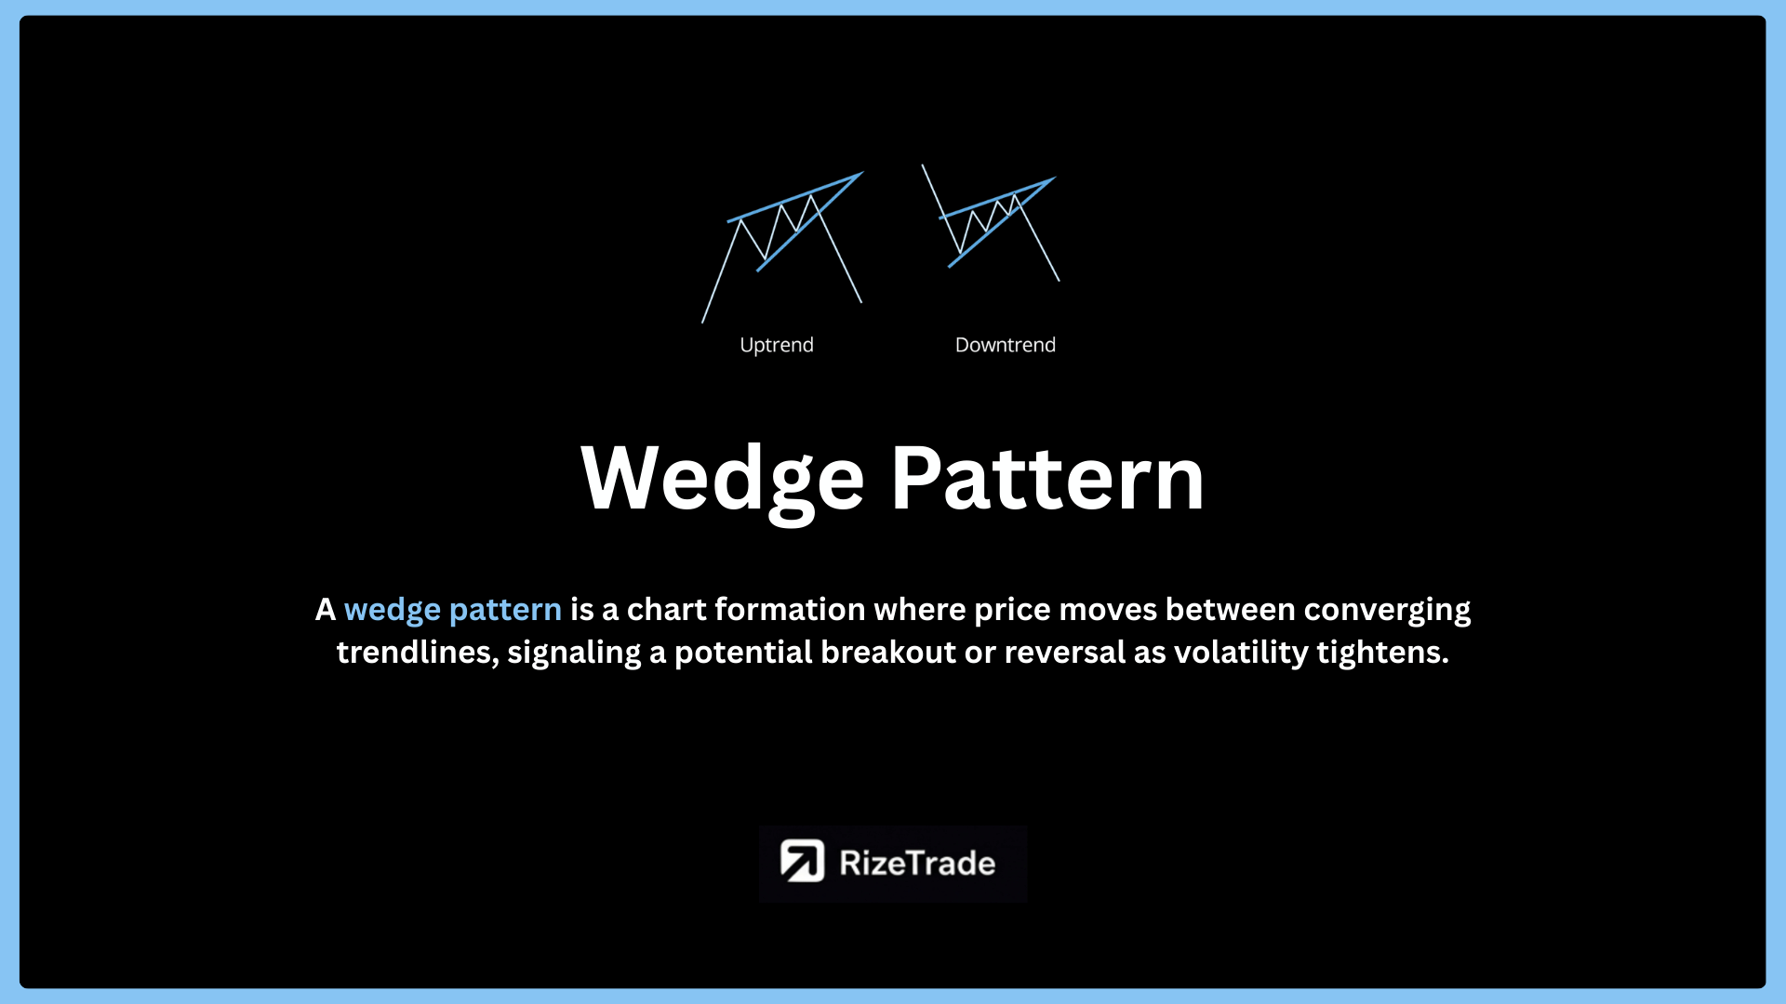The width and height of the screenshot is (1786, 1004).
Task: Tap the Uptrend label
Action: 777,345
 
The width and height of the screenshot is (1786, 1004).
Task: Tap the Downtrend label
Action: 1006,345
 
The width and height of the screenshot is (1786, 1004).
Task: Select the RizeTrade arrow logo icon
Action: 802,861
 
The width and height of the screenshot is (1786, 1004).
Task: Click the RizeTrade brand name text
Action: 917,863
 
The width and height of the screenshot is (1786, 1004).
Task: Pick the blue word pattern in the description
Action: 505,611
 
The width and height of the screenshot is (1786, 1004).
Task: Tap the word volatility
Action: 1241,654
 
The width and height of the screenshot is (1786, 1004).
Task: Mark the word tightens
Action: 1383,654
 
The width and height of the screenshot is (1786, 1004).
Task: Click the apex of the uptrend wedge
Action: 863,172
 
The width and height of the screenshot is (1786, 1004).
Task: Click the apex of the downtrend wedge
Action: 1055,178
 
